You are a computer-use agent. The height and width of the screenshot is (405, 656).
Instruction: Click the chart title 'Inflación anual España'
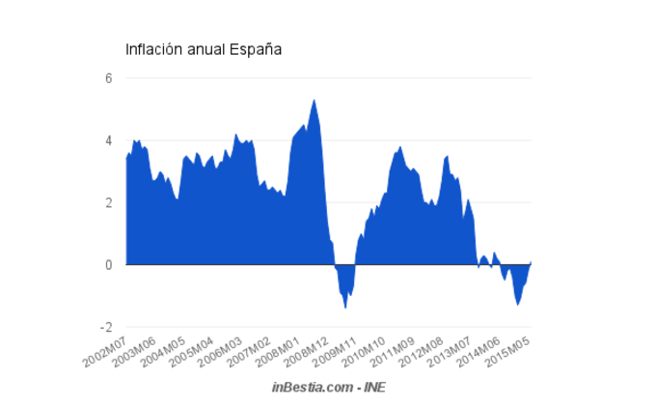pos(204,49)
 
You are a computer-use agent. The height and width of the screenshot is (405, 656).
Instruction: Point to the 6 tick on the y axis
pos(109,79)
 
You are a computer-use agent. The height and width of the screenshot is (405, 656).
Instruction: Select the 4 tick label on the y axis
pos(109,141)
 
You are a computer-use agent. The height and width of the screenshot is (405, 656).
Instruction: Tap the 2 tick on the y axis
pos(109,202)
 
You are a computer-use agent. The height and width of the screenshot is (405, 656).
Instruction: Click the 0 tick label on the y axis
pos(109,264)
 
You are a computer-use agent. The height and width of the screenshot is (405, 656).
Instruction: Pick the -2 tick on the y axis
pos(106,327)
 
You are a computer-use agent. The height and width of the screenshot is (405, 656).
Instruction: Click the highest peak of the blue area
pos(314,100)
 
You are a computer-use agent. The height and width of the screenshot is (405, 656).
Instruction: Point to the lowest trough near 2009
pos(345,307)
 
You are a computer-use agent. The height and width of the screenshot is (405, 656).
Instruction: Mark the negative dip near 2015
pos(518,303)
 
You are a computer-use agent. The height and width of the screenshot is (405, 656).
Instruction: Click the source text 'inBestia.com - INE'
pos(328,386)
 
